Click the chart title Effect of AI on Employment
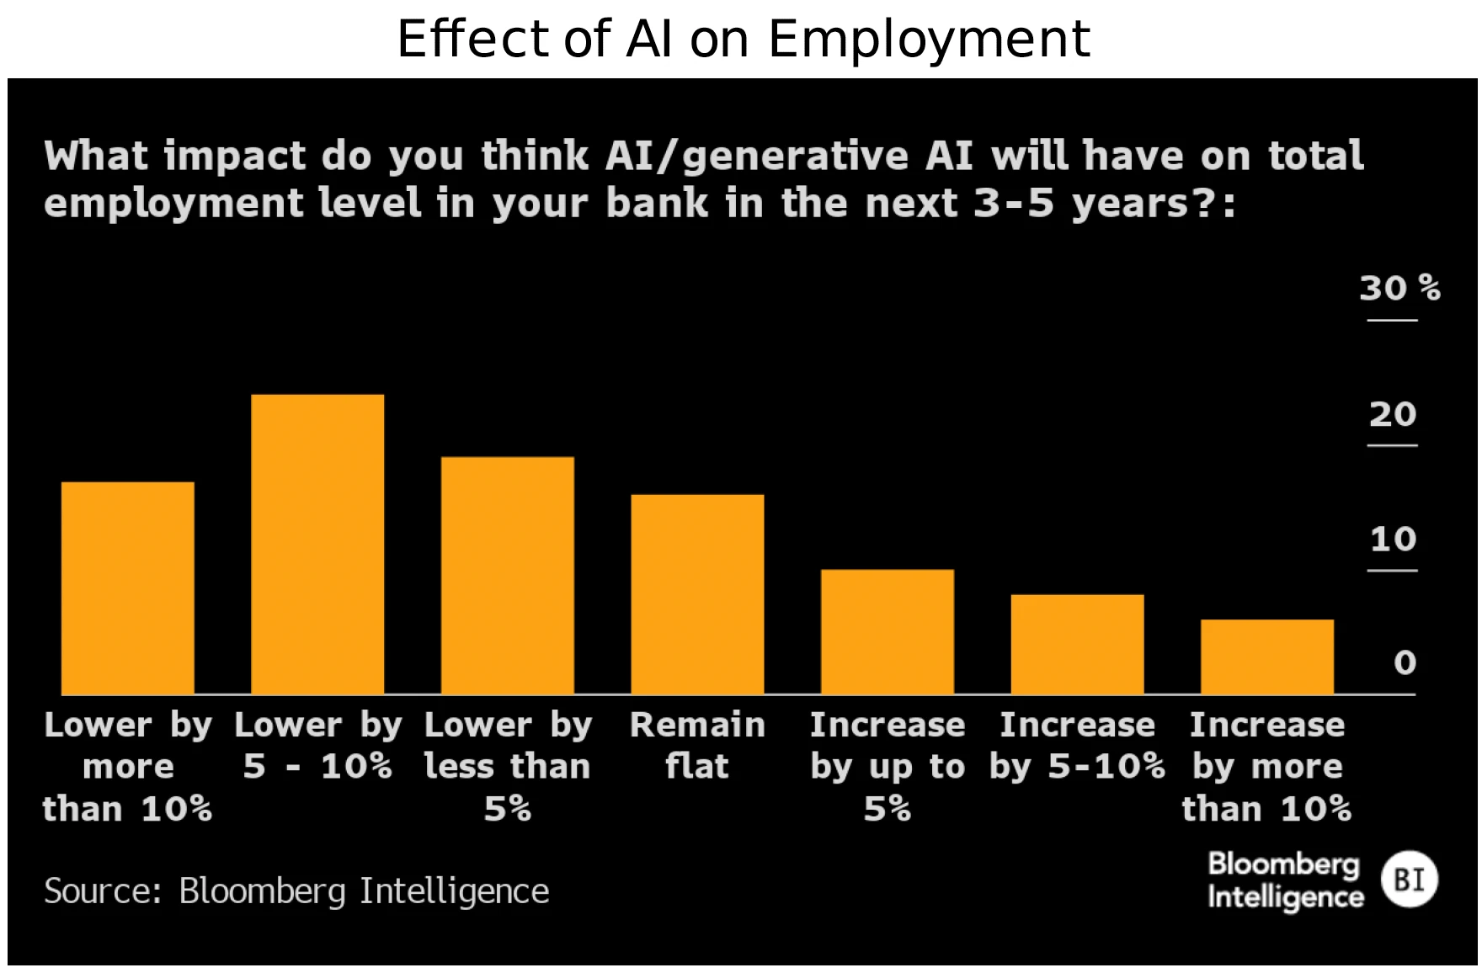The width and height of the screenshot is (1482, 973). coord(744,39)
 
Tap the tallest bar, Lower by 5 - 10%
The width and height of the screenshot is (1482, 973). coord(317,544)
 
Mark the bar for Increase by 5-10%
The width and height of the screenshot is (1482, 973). coord(1077,644)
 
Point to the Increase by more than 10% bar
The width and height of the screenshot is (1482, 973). coord(1266,657)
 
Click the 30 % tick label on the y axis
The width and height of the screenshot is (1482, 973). coord(1399,289)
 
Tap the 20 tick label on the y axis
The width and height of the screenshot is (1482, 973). coord(1393,414)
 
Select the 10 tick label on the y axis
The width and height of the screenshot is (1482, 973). coord(1393,540)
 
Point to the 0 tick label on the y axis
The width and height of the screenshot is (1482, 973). coord(1405,663)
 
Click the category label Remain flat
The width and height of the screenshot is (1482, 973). coord(697,746)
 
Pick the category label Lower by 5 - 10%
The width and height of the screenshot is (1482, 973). coord(317,746)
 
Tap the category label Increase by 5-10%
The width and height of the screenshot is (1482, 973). coord(1077,746)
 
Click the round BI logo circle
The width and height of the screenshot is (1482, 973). coord(1409,880)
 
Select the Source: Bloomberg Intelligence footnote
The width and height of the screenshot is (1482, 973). coord(296,891)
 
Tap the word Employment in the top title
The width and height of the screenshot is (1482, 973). coord(929,39)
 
